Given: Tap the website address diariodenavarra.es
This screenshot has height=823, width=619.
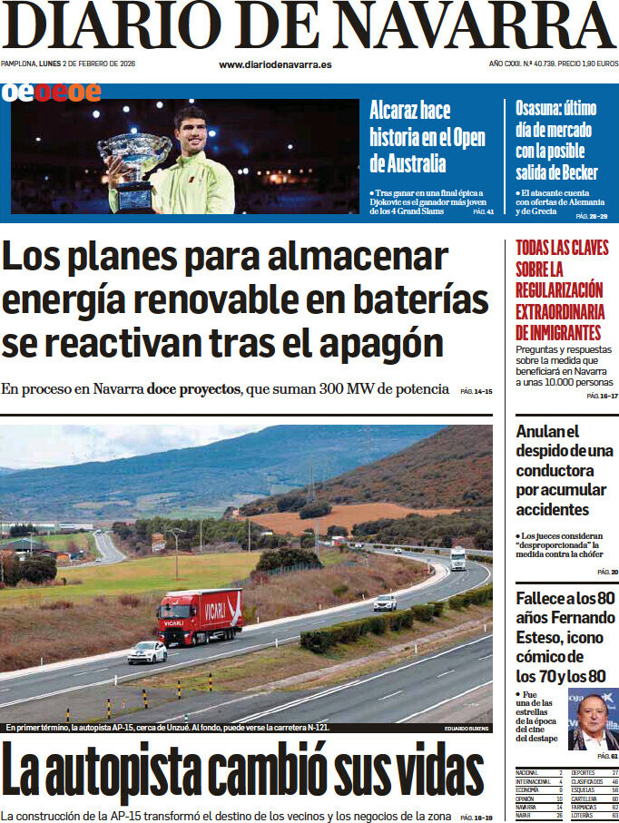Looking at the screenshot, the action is coord(275,64).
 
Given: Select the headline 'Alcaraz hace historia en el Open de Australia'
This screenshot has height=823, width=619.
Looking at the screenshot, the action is coord(427,137).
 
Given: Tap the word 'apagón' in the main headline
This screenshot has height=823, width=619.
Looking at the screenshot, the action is coord(380,344).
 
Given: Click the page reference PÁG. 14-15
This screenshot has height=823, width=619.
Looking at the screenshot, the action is coord(476,391).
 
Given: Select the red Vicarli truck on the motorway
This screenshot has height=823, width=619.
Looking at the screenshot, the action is coord(200,616).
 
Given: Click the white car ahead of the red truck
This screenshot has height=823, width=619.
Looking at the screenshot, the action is coord(147,652).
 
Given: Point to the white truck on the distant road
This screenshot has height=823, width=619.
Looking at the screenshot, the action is coord(458,558).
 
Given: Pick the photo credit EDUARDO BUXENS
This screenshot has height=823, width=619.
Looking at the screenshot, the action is coord(467,729).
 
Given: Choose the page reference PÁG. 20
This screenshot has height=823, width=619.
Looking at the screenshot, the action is coord(607,572).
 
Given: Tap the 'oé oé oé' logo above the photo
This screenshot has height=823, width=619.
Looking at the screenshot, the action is coord(51,92).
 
